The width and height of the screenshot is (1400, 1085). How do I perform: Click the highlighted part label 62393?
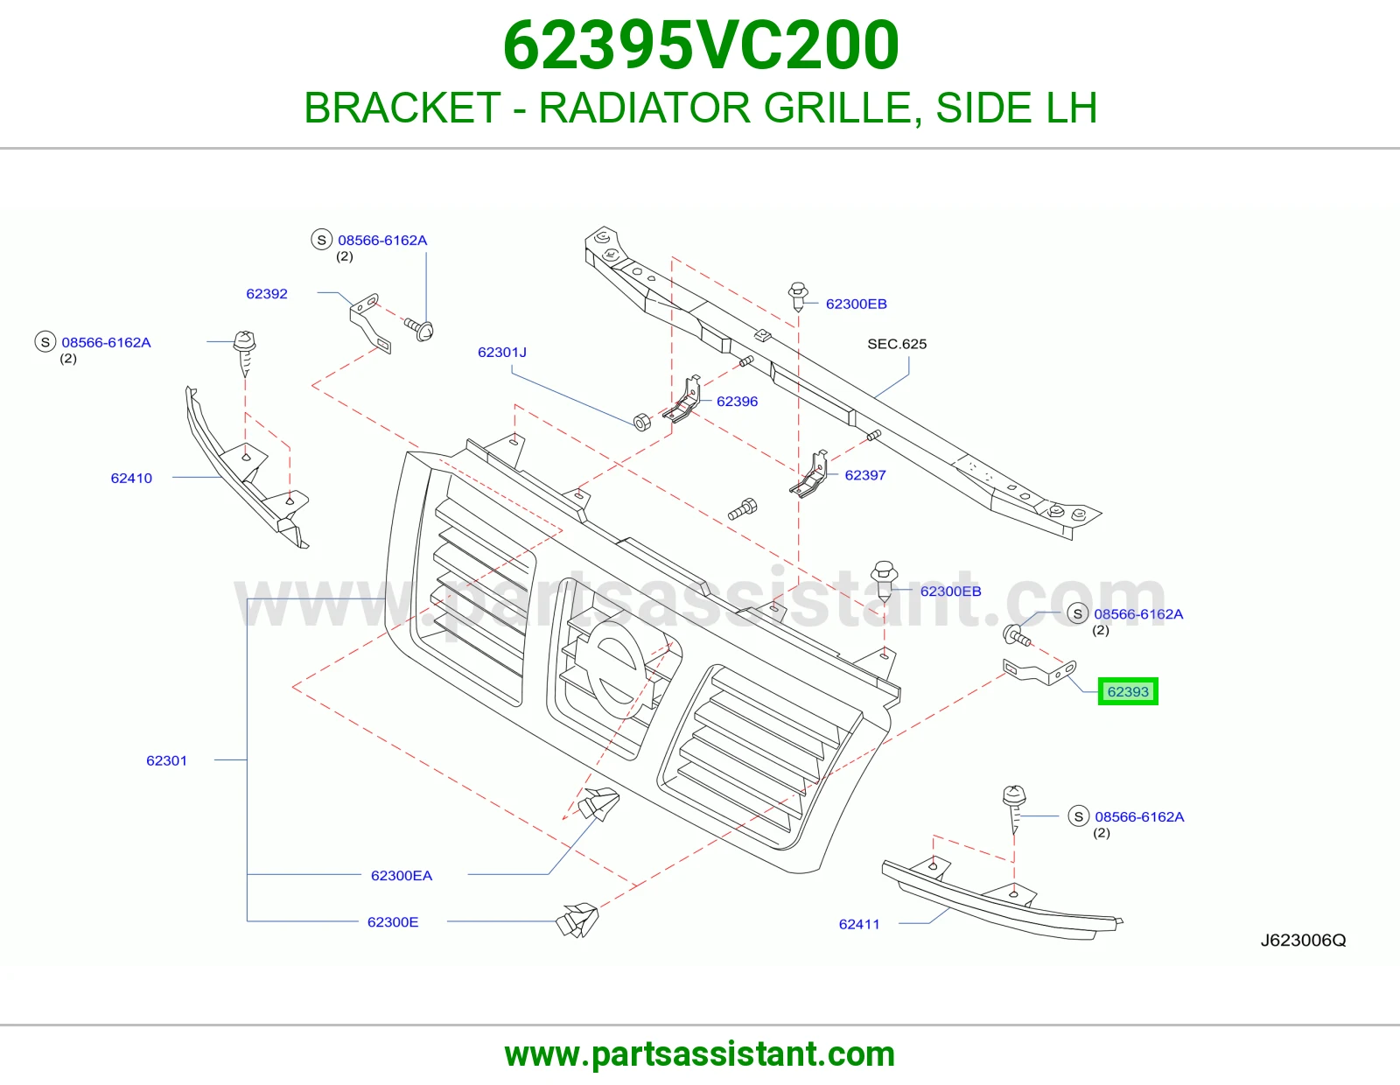coord(1128,691)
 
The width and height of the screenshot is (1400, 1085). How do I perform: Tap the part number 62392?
coord(267,294)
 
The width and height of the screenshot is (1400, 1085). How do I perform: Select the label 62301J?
coord(502,353)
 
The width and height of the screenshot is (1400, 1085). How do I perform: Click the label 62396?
coord(737,402)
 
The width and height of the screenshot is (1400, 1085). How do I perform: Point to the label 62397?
coord(865,475)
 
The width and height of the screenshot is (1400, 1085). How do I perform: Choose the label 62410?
coord(131,478)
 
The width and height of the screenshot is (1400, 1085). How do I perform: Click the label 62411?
coord(859,924)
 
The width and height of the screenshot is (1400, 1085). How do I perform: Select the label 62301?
coord(166,760)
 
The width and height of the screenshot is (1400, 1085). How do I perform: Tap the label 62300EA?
coord(402,876)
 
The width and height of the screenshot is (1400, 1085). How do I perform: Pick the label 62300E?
coord(393,922)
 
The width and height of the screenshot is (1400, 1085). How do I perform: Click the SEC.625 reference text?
coord(897,344)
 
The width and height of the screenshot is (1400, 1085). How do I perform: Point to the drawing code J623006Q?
coord(1304,940)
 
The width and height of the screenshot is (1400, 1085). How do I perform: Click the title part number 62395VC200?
coord(700,45)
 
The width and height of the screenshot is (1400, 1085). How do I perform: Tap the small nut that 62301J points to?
coord(642,422)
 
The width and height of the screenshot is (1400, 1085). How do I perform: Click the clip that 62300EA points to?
coord(598,803)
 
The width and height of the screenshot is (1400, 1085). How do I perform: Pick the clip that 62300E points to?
coord(577,920)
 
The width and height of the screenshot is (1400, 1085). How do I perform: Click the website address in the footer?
coord(700,1054)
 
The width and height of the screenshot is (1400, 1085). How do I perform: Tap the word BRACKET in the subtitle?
coord(402,108)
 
